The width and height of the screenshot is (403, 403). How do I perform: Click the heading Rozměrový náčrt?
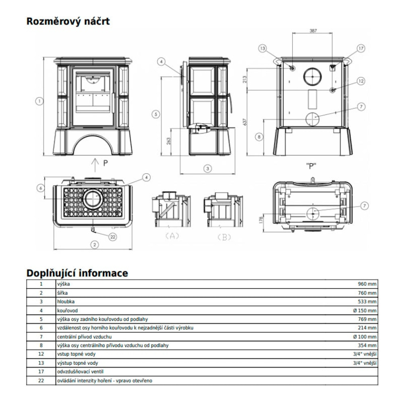[x=68, y=21]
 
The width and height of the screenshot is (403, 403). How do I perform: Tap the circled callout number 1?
[x=39, y=101]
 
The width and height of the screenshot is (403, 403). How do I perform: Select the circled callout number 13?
[x=263, y=48]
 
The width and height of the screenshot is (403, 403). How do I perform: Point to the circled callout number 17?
[x=360, y=48]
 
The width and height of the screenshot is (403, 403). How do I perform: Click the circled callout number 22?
[x=113, y=237]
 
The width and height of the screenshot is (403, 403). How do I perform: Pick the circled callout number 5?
[x=157, y=114]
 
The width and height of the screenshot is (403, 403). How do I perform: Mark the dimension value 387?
[x=313, y=31]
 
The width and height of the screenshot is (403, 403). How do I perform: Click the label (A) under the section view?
[x=172, y=237]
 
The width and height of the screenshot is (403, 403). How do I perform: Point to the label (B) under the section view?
[x=224, y=237]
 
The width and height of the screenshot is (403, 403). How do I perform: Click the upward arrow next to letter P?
[x=95, y=164]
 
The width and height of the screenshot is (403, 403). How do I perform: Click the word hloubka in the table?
[x=66, y=301]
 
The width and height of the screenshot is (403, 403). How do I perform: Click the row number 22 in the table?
[x=41, y=380]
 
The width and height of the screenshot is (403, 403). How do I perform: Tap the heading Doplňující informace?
[x=77, y=273]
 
